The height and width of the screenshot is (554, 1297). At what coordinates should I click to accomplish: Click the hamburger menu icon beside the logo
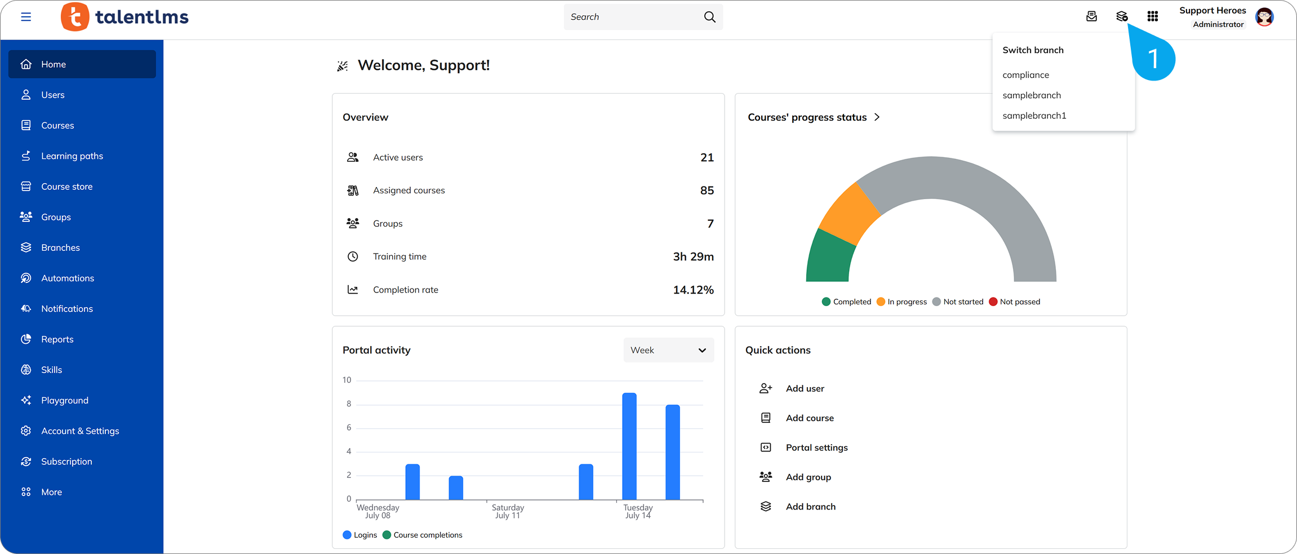pos(26,17)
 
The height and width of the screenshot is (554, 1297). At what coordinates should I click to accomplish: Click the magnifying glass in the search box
pos(709,17)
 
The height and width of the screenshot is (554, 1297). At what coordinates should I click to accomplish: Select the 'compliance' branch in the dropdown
pos(1025,75)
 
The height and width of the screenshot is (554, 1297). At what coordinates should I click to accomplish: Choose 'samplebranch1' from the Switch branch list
pos(1034,116)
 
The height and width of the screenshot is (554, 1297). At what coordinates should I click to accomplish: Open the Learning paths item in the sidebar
pos(72,156)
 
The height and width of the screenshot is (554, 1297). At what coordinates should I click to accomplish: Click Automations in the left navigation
pos(68,278)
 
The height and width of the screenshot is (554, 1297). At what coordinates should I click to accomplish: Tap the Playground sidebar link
pos(65,401)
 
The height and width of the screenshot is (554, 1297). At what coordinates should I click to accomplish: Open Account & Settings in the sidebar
pos(80,431)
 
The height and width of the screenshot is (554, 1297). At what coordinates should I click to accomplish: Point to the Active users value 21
pos(707,158)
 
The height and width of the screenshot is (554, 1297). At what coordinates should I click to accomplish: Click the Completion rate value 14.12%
pos(693,290)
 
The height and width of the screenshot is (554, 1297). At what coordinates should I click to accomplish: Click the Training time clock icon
pos(353,257)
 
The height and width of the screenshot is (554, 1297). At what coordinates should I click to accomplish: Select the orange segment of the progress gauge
pos(849,214)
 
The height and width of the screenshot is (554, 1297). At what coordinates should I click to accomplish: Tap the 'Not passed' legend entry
pos(1015,302)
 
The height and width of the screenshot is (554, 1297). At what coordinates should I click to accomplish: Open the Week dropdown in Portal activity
pos(669,351)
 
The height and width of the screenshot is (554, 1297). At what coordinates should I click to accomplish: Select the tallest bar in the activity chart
pos(629,446)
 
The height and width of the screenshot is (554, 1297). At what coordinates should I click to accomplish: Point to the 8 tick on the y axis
pos(349,404)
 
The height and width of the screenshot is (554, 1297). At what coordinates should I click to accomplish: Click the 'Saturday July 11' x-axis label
pos(508,512)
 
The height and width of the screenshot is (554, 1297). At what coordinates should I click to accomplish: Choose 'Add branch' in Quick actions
pos(811,507)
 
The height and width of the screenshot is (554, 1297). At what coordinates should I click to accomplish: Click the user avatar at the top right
pos(1265,17)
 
